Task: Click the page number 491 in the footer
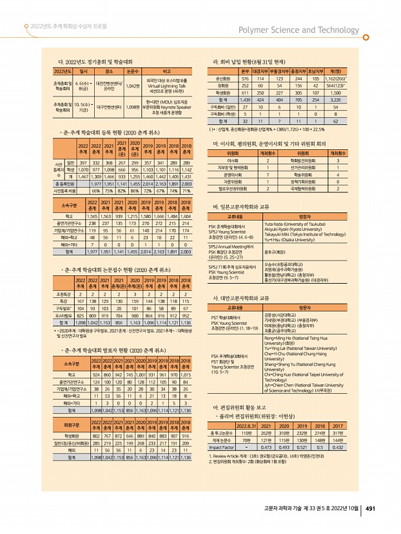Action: [x=371, y=508]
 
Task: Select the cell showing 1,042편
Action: [x=133, y=85]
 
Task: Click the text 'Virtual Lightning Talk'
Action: [x=166, y=85]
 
